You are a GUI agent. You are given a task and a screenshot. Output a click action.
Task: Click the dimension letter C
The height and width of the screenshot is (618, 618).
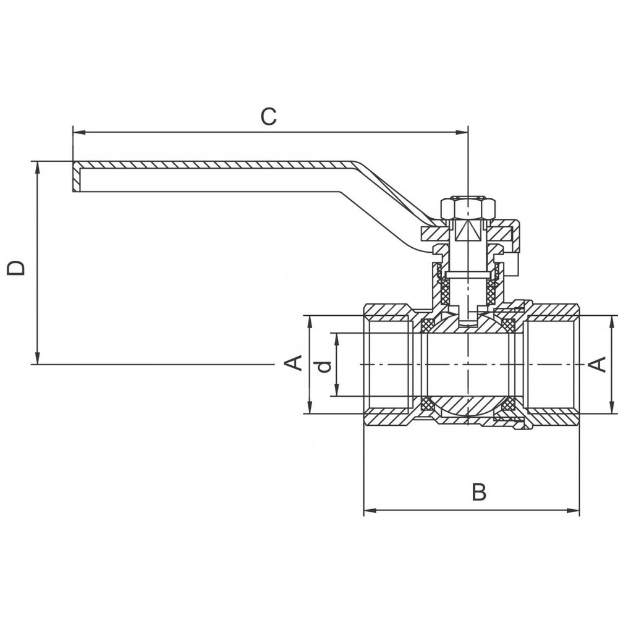click(268, 116)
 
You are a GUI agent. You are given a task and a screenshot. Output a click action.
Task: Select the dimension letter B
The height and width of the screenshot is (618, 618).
click(479, 493)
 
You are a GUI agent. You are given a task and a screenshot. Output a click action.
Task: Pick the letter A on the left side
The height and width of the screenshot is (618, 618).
click(295, 363)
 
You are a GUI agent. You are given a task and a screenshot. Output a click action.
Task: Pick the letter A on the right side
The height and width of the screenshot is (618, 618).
click(598, 365)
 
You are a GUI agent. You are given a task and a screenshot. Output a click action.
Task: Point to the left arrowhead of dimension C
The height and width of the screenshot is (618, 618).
click(77, 132)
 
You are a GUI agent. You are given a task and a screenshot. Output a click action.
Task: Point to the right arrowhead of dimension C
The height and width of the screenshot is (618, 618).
click(463, 132)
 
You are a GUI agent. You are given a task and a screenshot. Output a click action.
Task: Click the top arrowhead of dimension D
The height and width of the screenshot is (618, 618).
click(38, 166)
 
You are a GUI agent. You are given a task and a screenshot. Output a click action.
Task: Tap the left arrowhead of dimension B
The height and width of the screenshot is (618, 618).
click(368, 511)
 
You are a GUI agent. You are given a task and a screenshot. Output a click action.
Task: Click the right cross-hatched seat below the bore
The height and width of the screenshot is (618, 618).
click(508, 405)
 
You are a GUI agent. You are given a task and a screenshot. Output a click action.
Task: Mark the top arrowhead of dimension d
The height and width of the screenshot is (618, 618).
click(337, 337)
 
